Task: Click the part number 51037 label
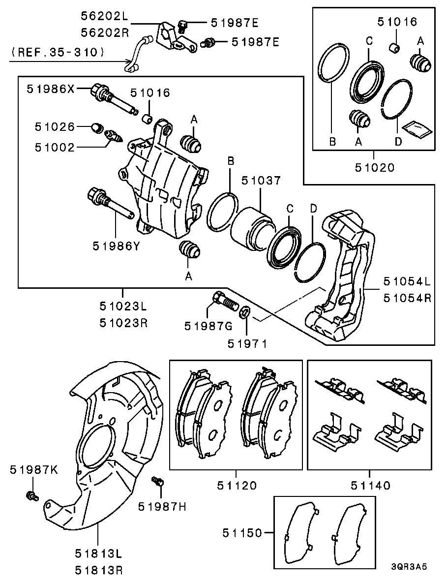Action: [261, 181]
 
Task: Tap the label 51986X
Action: [51, 89]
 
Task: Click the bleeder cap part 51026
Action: [97, 128]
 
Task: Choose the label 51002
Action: [55, 148]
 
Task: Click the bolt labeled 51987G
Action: [225, 302]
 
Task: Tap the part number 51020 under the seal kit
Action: [374, 168]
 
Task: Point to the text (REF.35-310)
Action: [57, 52]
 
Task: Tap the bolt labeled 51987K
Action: [31, 495]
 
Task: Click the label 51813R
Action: [99, 570]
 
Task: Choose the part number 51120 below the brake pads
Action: [237, 486]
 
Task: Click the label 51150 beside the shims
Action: [242, 533]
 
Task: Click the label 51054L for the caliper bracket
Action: [408, 281]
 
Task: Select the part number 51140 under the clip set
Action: [371, 486]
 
